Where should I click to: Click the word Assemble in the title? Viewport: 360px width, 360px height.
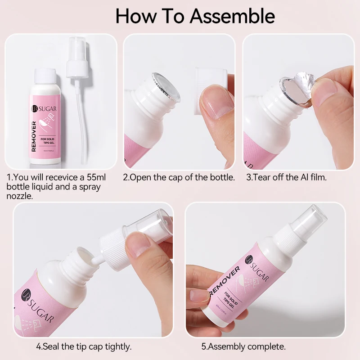[232, 16]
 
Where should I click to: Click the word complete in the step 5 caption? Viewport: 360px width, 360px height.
[266, 347]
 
